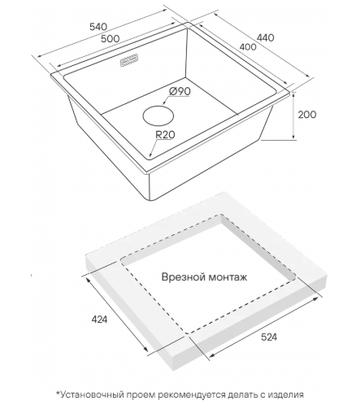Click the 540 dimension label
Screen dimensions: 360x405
(98, 27)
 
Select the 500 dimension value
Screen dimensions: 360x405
(110, 38)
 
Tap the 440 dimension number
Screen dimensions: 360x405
(265, 37)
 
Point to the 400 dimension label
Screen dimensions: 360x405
(248, 47)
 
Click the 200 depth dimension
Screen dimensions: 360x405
(307, 115)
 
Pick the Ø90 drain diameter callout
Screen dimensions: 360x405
(180, 91)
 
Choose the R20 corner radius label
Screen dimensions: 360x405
(165, 134)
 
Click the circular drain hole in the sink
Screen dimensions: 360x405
(158, 115)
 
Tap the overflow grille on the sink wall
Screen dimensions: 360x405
(128, 60)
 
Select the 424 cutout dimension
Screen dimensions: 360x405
(99, 320)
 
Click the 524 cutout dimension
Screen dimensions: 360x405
(269, 337)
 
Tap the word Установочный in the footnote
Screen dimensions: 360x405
(92, 394)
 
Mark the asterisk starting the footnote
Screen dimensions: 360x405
(58, 393)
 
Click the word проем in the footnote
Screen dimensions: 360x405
(141, 395)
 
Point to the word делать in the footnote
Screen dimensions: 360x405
(243, 395)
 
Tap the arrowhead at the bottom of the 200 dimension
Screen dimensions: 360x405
(293, 137)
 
